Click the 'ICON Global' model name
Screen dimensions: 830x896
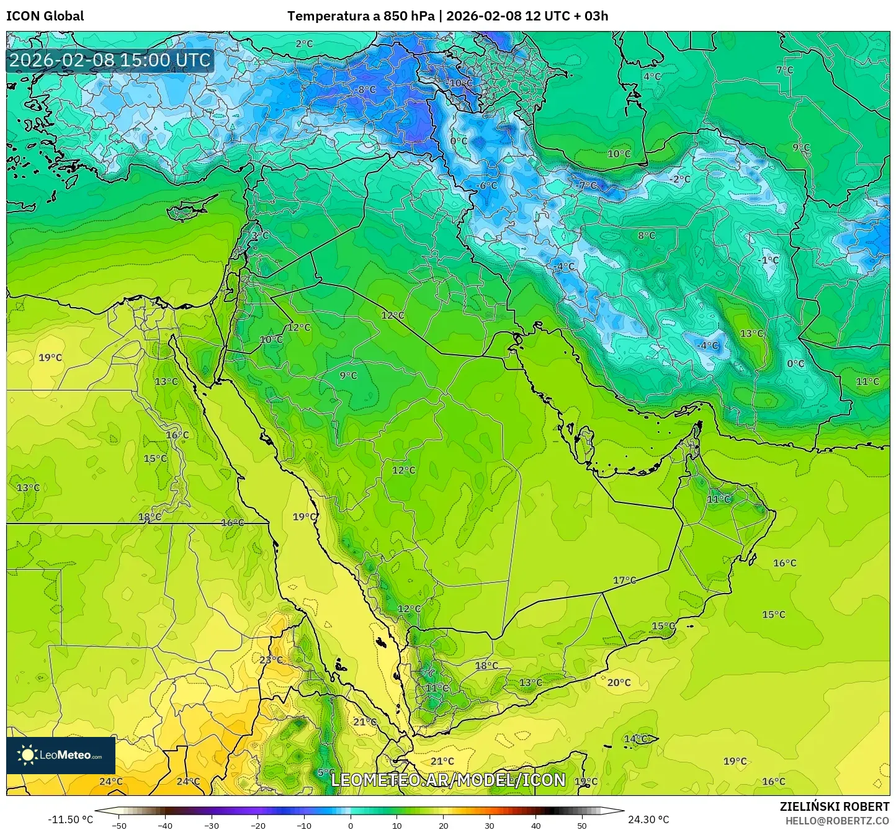[45, 16]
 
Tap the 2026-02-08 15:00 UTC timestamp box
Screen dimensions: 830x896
[110, 60]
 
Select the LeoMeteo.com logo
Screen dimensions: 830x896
[61, 755]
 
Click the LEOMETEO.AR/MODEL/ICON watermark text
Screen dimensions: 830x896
[448, 780]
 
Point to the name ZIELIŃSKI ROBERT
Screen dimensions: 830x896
[834, 806]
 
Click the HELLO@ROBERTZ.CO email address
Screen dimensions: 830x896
[837, 820]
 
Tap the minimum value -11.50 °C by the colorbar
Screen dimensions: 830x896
[70, 819]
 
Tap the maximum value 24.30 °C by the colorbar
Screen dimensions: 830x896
[648, 819]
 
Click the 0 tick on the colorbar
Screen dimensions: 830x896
[351, 825]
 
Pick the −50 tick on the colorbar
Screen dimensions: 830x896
[119, 825]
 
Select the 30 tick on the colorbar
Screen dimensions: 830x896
[490, 825]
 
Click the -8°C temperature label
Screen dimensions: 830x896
[365, 89]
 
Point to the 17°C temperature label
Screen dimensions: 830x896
[624, 580]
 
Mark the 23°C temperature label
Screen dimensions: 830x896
[271, 659]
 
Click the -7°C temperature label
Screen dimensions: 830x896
[586, 185]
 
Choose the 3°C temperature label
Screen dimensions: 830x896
[260, 236]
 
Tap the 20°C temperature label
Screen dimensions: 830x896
[619, 682]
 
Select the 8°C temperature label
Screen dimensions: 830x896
[647, 235]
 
